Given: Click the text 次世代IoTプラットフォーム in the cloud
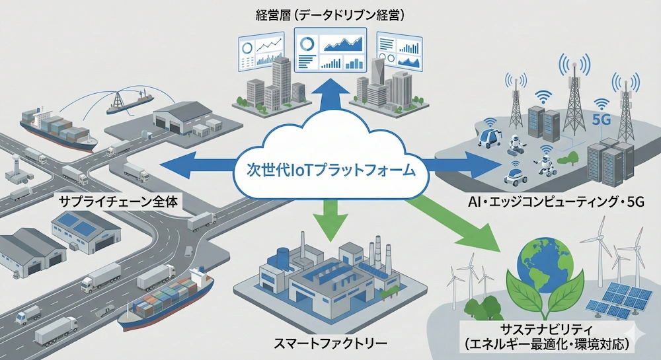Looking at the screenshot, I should click(331, 172).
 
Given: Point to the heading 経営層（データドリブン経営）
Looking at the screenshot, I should click(329, 14).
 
